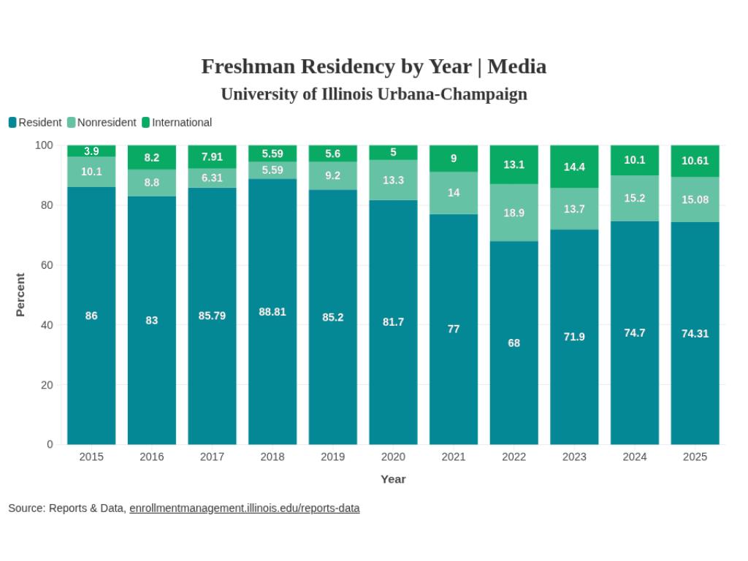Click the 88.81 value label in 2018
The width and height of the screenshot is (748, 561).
click(x=272, y=312)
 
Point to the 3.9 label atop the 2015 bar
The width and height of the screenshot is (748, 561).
click(x=91, y=151)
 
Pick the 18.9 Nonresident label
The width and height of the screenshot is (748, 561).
click(x=514, y=213)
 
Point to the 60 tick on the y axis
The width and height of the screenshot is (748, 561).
click(x=47, y=265)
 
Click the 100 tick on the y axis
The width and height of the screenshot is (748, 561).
click(x=45, y=145)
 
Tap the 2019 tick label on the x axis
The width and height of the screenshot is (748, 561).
click(x=332, y=457)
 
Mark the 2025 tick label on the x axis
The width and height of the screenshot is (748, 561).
click(x=695, y=457)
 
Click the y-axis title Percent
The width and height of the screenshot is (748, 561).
click(x=20, y=294)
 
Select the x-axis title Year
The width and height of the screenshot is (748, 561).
click(x=393, y=479)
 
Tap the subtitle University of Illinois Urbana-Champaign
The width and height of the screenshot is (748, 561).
click(x=373, y=94)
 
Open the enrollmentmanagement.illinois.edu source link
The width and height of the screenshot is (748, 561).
click(x=244, y=508)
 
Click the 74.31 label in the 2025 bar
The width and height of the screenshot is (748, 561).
click(x=695, y=334)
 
